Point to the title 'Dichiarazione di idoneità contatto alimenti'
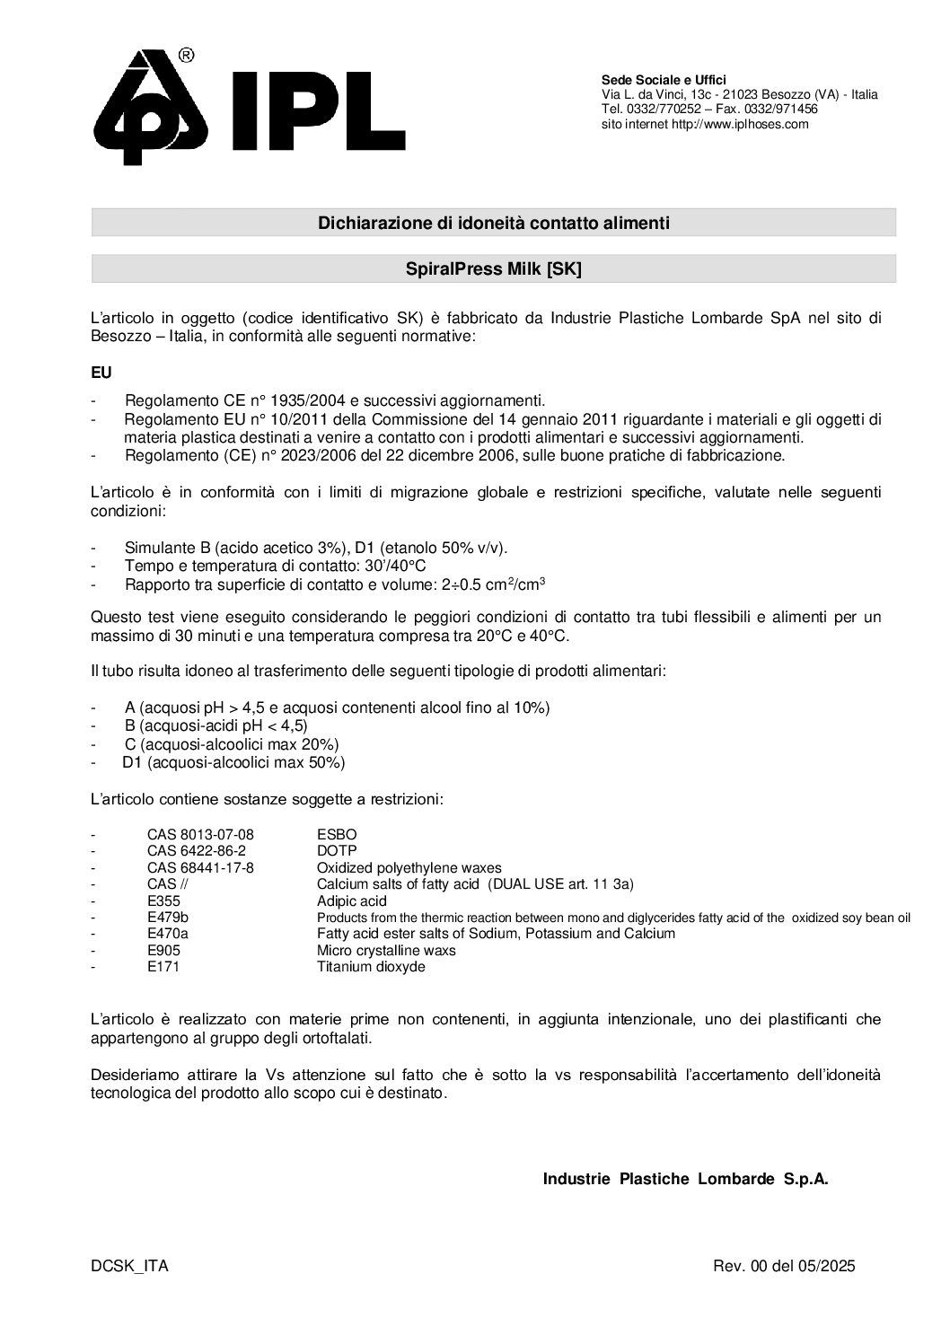[x=493, y=223]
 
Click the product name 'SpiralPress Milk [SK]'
[x=493, y=268]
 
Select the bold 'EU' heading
[x=101, y=372]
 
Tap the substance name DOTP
[x=337, y=850]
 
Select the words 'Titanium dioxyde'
[x=371, y=967]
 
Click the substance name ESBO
[x=337, y=834]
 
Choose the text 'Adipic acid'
[x=352, y=900]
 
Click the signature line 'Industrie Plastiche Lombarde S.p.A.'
[x=685, y=1179]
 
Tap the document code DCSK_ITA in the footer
[x=129, y=1266]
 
